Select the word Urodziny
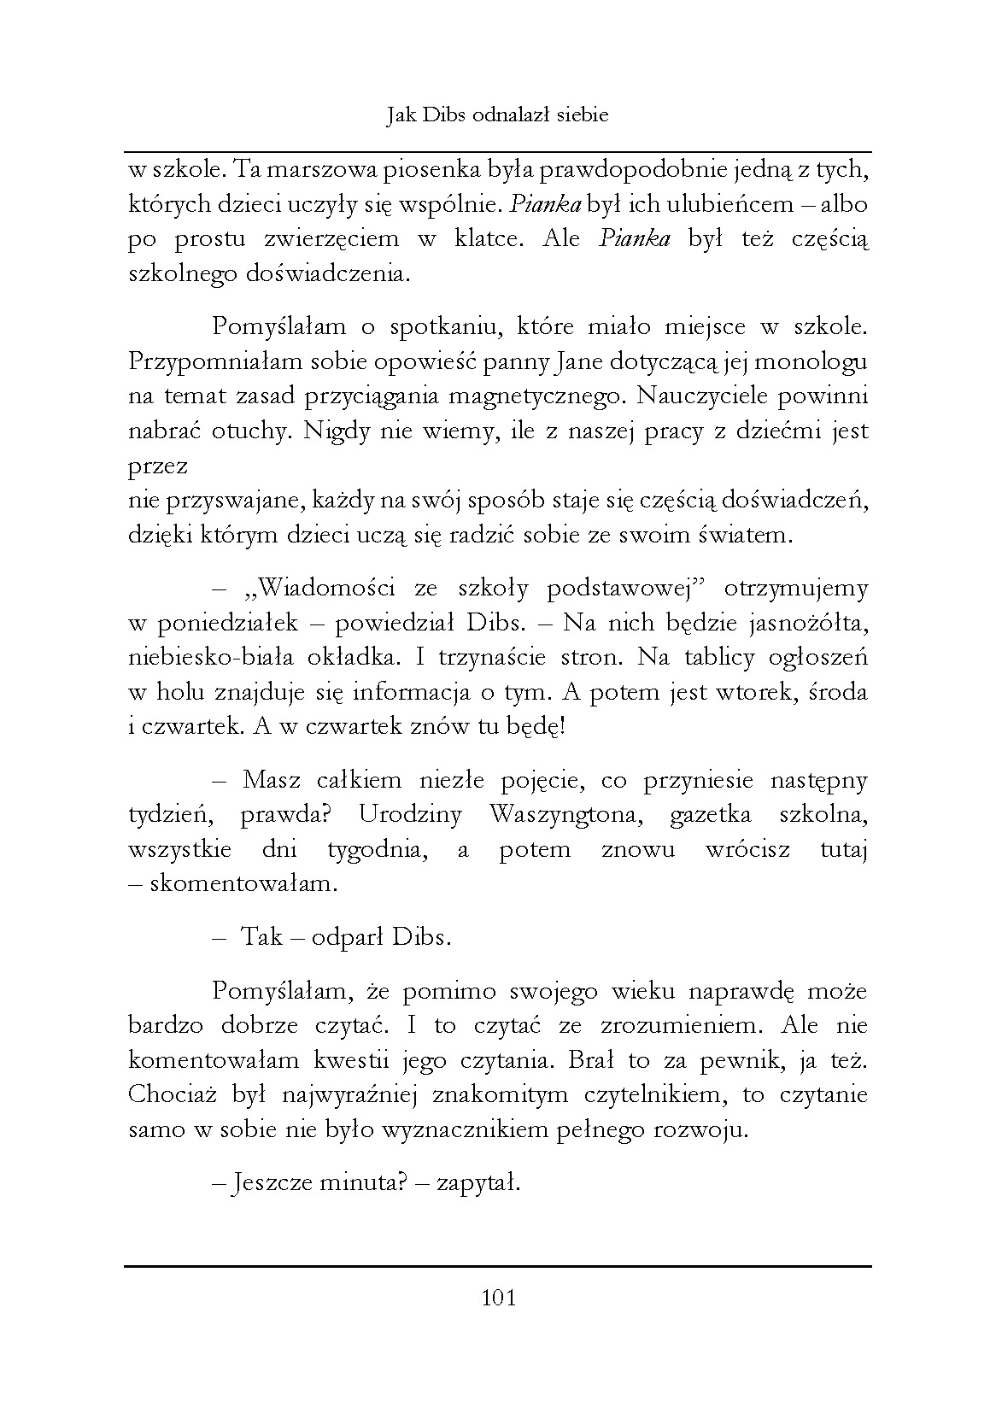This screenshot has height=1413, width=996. click(x=410, y=814)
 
